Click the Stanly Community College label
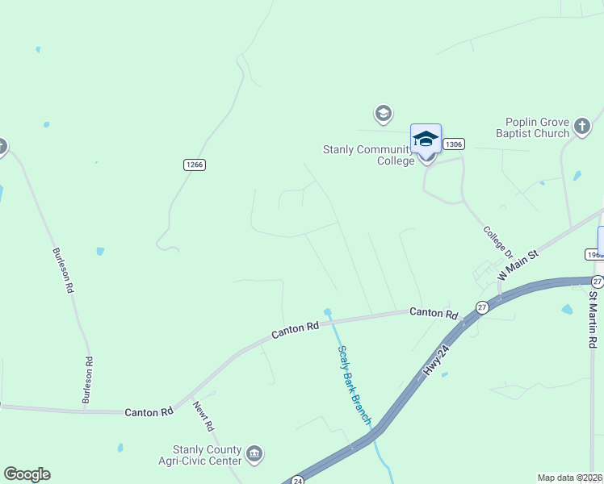pyautogui.click(x=368, y=154)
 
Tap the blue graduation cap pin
pyautogui.click(x=426, y=140)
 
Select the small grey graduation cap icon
pyautogui.click(x=383, y=113)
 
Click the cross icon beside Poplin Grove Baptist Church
pyautogui.click(x=582, y=126)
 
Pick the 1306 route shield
pyautogui.click(x=454, y=144)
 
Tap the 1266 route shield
pyautogui.click(x=195, y=165)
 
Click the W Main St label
pyautogui.click(x=518, y=264)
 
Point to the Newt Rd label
pyautogui.click(x=203, y=415)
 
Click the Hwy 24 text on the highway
pyautogui.click(x=436, y=358)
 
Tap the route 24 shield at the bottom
pyautogui.click(x=297, y=478)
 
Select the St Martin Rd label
pyautogui.click(x=593, y=319)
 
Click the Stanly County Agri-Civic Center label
pyautogui.click(x=207, y=455)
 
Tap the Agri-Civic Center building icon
pyautogui.click(x=255, y=454)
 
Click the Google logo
pyautogui.click(x=27, y=474)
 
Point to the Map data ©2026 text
pyautogui.click(x=570, y=478)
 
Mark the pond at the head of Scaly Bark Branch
pyautogui.click(x=327, y=311)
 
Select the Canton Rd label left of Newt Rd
pyautogui.click(x=149, y=412)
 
